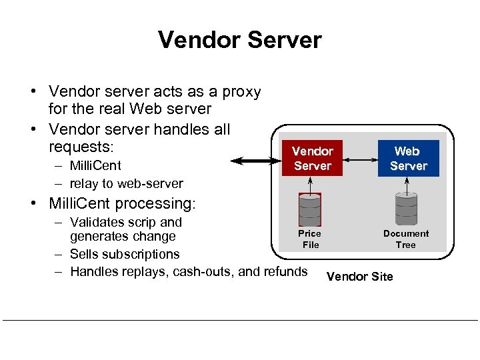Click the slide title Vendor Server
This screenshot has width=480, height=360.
(x=239, y=40)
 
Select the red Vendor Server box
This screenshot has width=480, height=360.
(x=312, y=159)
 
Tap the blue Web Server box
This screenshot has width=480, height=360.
(x=408, y=159)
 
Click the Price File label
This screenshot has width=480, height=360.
(x=310, y=239)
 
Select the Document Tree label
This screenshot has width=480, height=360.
(x=405, y=239)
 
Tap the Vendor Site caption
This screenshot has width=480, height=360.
(x=359, y=276)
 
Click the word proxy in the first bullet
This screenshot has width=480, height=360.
(x=241, y=91)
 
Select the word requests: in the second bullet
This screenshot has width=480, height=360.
(x=81, y=145)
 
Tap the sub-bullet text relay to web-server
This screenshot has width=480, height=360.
(x=126, y=183)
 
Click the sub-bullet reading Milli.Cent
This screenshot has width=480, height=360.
(x=95, y=165)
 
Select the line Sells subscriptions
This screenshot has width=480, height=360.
(x=125, y=254)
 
